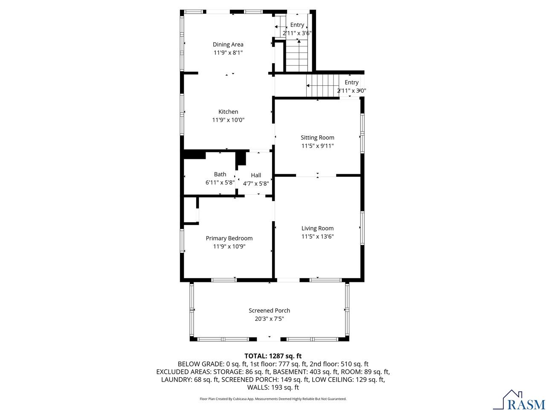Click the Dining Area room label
pyautogui.click(x=228, y=44)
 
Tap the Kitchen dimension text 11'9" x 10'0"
pyautogui.click(x=228, y=120)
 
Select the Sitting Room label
pyautogui.click(x=317, y=138)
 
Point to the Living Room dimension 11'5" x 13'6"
pyautogui.click(x=317, y=236)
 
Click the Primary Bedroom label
pyautogui.click(x=229, y=238)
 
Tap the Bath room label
pyautogui.click(x=220, y=174)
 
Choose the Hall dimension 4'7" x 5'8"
pyautogui.click(x=256, y=183)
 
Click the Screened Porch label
pyautogui.click(x=269, y=310)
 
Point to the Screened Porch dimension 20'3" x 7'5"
pyautogui.click(x=269, y=319)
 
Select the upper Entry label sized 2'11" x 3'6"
pyautogui.click(x=297, y=25)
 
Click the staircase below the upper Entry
pyautogui.click(x=296, y=56)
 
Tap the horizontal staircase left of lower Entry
pyautogui.click(x=322, y=85)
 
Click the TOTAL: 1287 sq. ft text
pyautogui.click(x=273, y=356)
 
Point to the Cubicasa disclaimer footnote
pyautogui.click(x=273, y=399)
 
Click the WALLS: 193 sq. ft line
pyautogui.click(x=273, y=387)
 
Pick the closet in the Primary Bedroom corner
pyautogui.click(x=190, y=210)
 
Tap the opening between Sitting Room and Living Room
pyautogui.click(x=316, y=175)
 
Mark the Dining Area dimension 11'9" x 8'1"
pyautogui.click(x=228, y=53)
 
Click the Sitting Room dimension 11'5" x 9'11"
pyautogui.click(x=317, y=146)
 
